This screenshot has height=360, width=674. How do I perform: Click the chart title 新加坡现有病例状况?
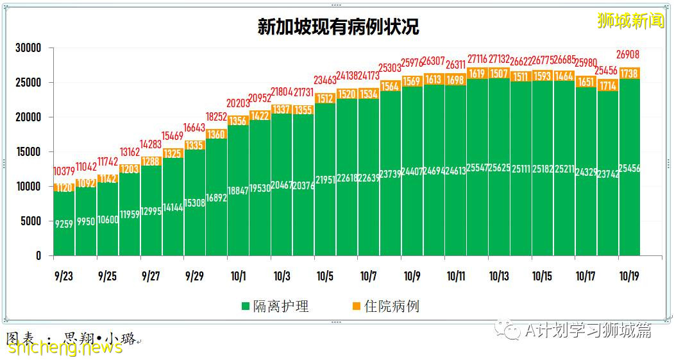point(338,27)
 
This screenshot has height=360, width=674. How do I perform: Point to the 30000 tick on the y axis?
point(28,48)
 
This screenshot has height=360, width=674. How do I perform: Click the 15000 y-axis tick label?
point(28,152)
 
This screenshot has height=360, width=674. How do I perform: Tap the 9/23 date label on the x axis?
point(63,276)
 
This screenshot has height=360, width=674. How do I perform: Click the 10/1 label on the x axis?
point(238,276)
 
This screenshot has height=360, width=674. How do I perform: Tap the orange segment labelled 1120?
point(63,188)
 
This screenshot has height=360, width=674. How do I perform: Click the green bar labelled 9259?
point(63,225)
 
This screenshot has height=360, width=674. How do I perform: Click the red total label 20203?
point(238,103)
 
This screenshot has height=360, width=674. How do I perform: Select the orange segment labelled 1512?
point(325,98)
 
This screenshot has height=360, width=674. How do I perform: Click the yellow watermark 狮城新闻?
point(630,21)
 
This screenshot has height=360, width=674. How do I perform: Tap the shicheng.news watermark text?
point(65,347)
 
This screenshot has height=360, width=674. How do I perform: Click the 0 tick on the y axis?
point(38,255)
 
